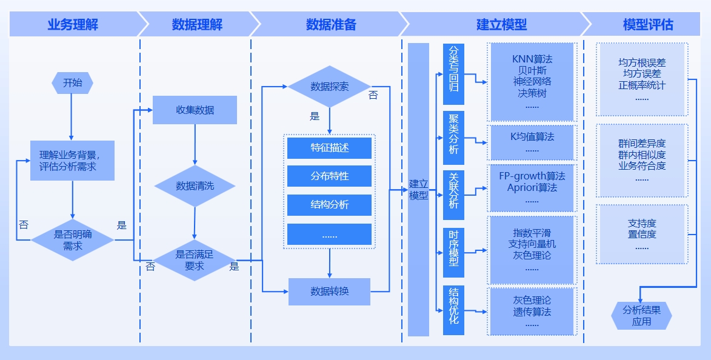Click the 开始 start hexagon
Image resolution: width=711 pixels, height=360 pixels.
click(72, 83)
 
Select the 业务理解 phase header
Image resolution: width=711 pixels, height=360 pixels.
click(73, 25)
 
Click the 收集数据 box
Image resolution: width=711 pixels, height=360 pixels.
click(195, 110)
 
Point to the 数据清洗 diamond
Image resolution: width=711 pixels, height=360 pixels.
click(195, 186)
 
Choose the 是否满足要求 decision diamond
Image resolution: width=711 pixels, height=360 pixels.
click(195, 260)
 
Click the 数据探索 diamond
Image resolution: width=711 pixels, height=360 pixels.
click(329, 87)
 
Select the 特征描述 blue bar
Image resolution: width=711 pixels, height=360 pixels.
click(329, 148)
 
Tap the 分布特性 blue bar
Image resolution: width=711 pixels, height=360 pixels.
click(329, 176)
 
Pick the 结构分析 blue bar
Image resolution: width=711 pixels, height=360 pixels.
click(329, 205)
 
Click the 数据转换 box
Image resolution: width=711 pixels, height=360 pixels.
click(329, 292)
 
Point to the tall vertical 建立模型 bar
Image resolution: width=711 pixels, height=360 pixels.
click(418, 190)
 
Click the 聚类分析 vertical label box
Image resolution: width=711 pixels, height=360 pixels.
click(453, 138)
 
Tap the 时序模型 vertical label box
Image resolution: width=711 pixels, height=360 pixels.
click(453, 248)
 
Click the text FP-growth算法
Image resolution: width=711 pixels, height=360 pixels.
click(532, 176)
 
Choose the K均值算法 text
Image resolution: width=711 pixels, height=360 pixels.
click(532, 136)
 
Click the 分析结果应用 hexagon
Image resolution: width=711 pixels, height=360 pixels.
click(641, 316)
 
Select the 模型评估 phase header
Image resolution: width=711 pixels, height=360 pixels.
click(647, 25)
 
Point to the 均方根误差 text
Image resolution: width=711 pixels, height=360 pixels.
click(641, 62)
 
